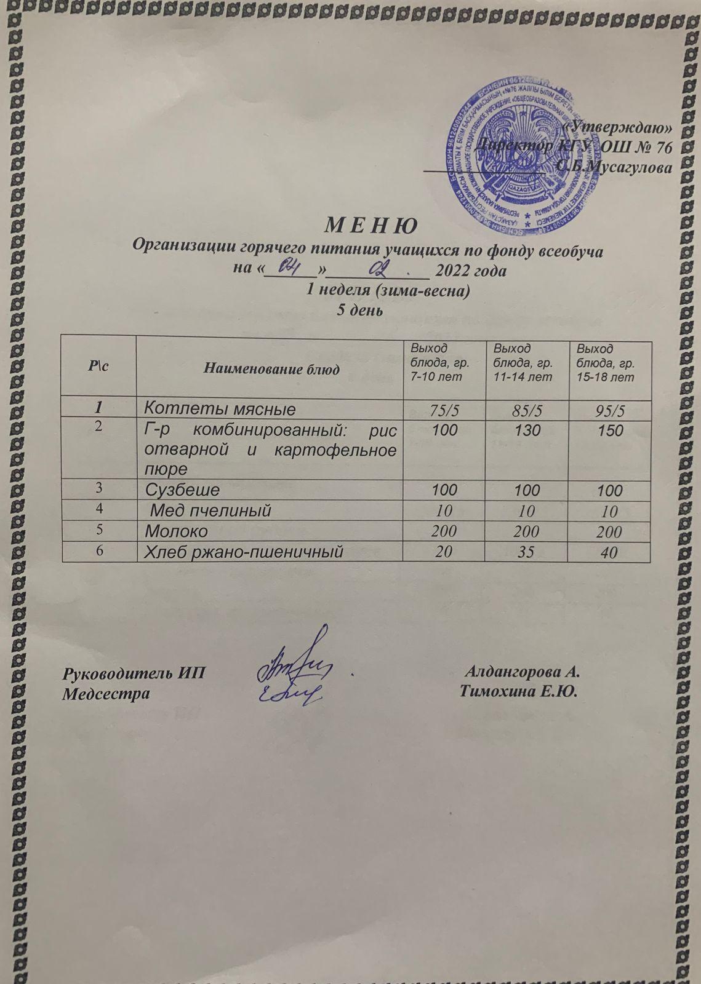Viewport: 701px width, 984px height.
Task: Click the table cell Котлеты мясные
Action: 220,408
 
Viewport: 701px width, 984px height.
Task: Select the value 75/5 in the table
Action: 444,409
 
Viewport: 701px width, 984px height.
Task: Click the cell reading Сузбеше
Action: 182,490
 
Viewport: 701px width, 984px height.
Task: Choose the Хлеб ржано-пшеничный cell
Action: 243,552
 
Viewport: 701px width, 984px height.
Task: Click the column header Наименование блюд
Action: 271,370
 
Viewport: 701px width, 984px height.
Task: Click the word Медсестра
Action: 106,693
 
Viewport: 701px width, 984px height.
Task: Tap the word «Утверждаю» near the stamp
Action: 619,127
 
